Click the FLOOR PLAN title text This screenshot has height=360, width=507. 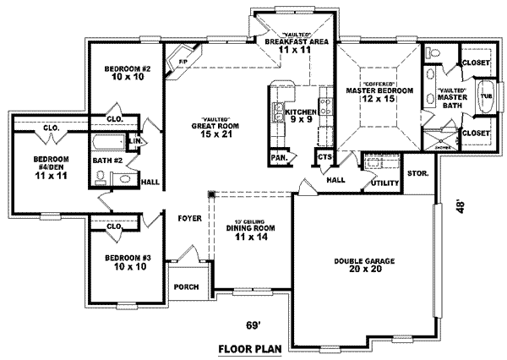(245, 347)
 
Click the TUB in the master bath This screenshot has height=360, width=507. (485, 96)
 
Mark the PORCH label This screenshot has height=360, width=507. (186, 286)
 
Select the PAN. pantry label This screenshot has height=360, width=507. (277, 157)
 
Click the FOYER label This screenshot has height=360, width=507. (188, 216)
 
